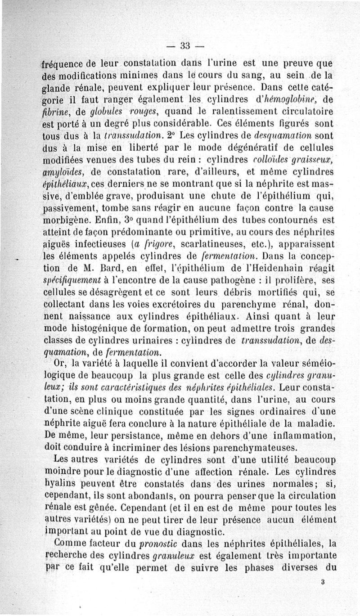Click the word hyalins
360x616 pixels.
(x=62, y=484)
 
